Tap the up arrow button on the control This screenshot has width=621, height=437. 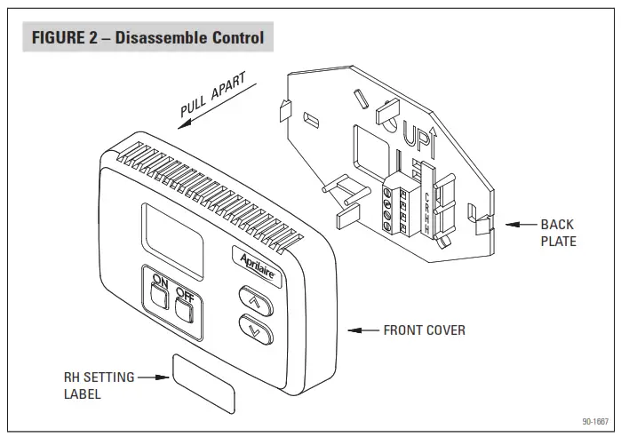click(253, 302)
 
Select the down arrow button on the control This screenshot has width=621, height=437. click(256, 333)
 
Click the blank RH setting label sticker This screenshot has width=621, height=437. click(204, 377)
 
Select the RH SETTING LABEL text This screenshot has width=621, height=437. click(99, 385)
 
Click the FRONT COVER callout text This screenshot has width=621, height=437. click(424, 330)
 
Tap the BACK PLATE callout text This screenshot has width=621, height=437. click(558, 233)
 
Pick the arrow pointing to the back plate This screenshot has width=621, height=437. click(519, 225)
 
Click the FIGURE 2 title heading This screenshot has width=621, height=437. click(147, 38)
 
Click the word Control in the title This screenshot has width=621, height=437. click(233, 38)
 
